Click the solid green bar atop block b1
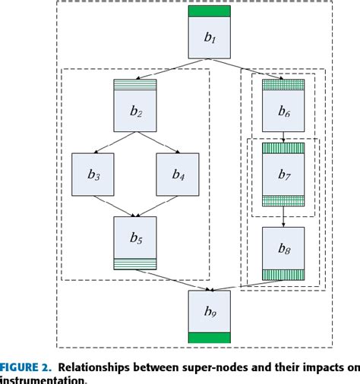pyautogui.click(x=209, y=11)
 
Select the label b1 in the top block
pyautogui.click(x=208, y=39)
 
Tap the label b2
pyautogui.click(x=135, y=112)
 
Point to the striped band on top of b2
pyautogui.click(x=135, y=84)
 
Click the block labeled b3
pyautogui.click(x=93, y=175)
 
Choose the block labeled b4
pyautogui.click(x=178, y=175)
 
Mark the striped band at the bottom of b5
pyautogui.click(x=135, y=264)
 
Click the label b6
pyautogui.click(x=283, y=111)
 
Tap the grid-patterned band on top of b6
pyautogui.click(x=283, y=85)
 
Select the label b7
pyautogui.click(x=283, y=175)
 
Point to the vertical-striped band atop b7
pyautogui.click(x=283, y=150)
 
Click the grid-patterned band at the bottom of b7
pyautogui.click(x=283, y=201)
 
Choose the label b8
pyautogui.click(x=283, y=248)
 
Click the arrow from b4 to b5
pyautogui.click(x=159, y=206)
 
